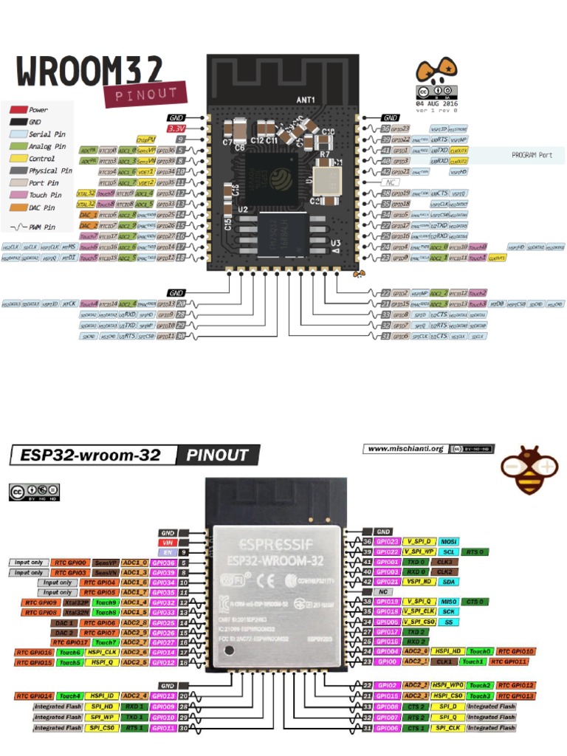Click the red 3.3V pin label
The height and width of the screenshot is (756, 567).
point(176,128)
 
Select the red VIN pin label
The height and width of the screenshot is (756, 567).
point(168,541)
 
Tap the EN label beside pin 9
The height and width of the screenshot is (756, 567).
point(168,551)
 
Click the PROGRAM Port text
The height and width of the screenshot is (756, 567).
point(532,156)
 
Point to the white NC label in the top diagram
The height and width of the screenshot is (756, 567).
point(391,182)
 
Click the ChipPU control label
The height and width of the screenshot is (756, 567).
point(145,139)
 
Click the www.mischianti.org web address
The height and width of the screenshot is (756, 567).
point(405,448)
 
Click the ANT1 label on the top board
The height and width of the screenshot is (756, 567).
point(306,100)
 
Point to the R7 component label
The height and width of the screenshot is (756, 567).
point(324,155)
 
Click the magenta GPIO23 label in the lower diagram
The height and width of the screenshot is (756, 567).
point(388,541)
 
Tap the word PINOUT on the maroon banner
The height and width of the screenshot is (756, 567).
point(146,94)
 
